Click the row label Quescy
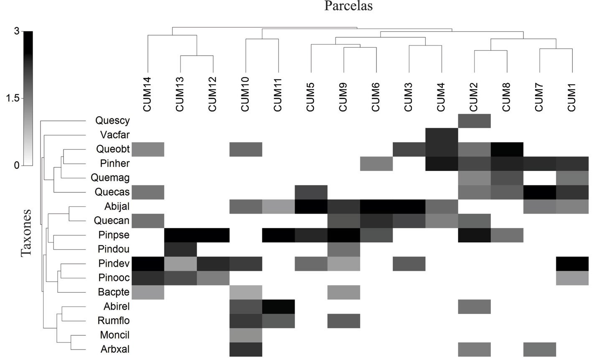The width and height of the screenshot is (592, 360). pos(112,121)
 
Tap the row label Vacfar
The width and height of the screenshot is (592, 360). pos(115,135)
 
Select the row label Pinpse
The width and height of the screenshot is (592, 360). pos(114,235)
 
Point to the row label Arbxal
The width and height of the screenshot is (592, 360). pos(114,349)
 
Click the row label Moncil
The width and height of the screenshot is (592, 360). pos(114,335)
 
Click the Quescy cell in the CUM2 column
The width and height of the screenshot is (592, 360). pos(474,121)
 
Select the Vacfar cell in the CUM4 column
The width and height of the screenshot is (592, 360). pos(442,135)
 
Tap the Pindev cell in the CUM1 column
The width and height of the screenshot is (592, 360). pos(572,263)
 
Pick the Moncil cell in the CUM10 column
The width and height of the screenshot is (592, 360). pos(246,335)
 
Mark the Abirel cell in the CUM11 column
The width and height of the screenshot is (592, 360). pos(279,306)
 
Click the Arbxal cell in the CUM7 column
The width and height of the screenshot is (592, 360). pos(540,349)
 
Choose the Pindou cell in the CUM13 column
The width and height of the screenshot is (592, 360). pos(180,249)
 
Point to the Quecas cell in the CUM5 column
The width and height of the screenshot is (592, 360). pos(311,192)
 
